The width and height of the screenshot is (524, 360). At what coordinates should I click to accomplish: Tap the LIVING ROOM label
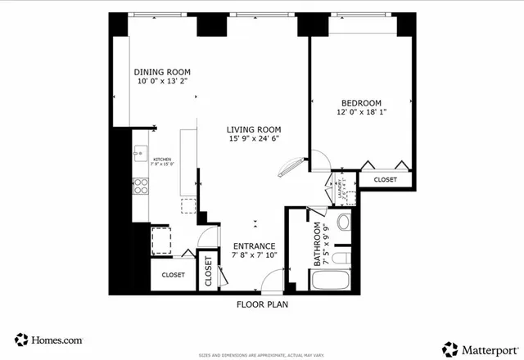point(254,129)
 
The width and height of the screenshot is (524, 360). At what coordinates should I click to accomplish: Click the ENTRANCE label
point(254,245)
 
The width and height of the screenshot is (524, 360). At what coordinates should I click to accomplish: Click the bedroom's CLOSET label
point(385,180)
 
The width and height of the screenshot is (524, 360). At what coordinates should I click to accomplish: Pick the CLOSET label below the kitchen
point(173,276)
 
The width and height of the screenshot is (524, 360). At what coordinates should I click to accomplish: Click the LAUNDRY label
point(336,190)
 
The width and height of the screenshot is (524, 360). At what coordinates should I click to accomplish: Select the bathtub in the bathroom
point(331,281)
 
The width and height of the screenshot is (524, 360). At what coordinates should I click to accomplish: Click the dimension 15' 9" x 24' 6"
point(254,139)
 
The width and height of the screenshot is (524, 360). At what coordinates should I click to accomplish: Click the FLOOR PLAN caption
point(262,304)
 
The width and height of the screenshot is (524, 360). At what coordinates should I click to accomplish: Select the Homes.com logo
point(47,340)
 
